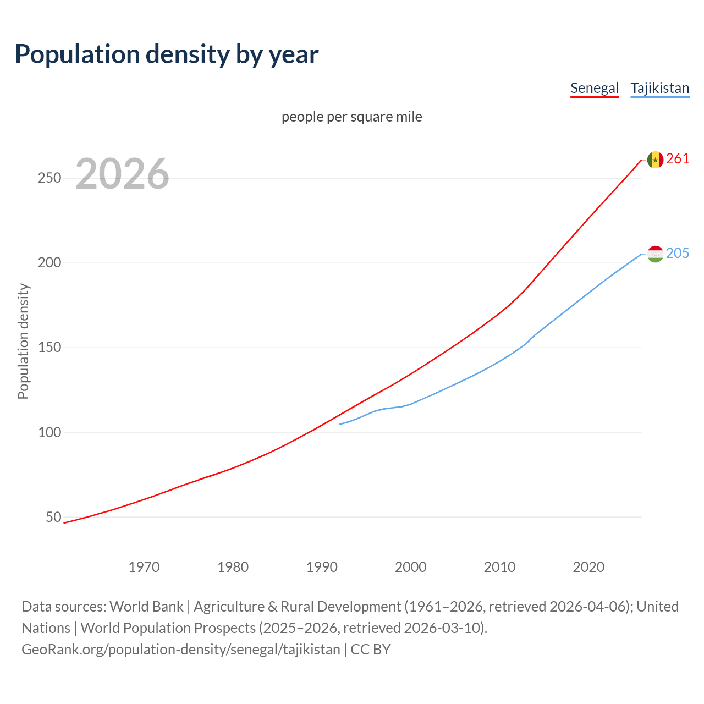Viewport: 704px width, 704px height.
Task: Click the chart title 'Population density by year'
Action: pyautogui.click(x=167, y=54)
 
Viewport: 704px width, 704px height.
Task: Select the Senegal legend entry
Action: pyautogui.click(x=594, y=88)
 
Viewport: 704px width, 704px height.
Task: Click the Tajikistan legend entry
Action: pyautogui.click(x=659, y=88)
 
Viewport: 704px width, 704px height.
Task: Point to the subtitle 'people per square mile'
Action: pyautogui.click(x=352, y=117)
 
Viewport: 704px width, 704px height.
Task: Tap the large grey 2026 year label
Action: pyautogui.click(x=122, y=174)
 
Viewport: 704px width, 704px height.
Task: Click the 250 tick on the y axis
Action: pyautogui.click(x=50, y=178)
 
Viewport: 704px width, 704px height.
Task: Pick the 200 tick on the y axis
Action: pyautogui.click(x=50, y=263)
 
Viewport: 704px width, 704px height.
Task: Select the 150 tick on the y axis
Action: pyautogui.click(x=50, y=348)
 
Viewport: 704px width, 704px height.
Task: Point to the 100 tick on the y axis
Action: pyautogui.click(x=50, y=432)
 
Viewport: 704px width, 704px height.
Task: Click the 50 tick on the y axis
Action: pyautogui.click(x=53, y=517)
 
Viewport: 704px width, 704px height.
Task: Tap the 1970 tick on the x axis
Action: pyautogui.click(x=144, y=566)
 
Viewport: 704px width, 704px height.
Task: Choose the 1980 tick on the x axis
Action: pyautogui.click(x=233, y=566)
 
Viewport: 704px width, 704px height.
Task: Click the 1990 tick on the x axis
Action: pyautogui.click(x=322, y=566)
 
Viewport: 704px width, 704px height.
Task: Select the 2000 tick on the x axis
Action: pyautogui.click(x=411, y=566)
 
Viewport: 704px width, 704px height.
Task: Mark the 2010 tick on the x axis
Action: pyautogui.click(x=499, y=566)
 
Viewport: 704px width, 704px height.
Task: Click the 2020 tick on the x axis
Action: pyautogui.click(x=588, y=566)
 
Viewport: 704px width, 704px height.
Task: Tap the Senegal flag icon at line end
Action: pyautogui.click(x=655, y=159)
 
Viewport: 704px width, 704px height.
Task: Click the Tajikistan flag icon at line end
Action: pyautogui.click(x=655, y=254)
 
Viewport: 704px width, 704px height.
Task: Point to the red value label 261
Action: pyautogui.click(x=678, y=159)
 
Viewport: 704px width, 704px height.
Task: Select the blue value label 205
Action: pyautogui.click(x=678, y=253)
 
